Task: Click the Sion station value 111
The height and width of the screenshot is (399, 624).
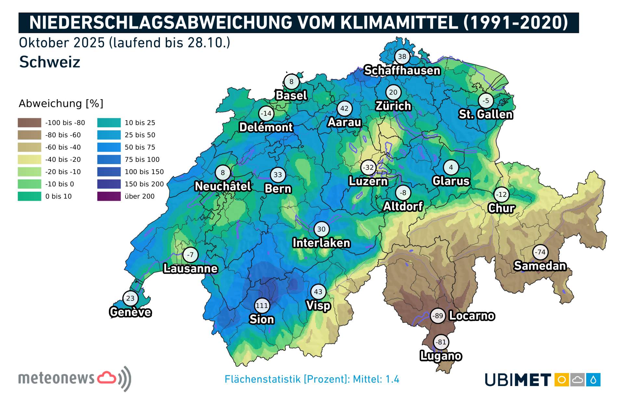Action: tap(262, 305)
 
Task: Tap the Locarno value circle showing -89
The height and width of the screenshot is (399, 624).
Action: tap(438, 315)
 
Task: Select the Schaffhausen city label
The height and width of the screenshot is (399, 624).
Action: tap(402, 70)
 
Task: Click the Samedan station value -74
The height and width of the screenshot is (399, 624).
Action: tap(540, 252)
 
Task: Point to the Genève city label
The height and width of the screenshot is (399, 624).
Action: tap(130, 312)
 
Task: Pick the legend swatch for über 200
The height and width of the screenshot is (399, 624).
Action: tap(109, 196)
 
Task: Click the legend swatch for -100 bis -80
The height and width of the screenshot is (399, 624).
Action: tap(30, 123)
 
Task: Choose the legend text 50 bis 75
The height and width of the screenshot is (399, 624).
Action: tap(140, 147)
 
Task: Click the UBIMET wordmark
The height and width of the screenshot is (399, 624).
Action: tap(518, 380)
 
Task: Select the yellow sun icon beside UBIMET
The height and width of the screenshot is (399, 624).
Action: tap(562, 380)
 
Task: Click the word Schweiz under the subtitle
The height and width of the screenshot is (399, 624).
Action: tap(50, 62)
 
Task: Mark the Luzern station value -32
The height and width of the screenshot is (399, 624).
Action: tap(368, 167)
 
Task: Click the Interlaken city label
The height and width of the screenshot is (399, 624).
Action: tap(321, 243)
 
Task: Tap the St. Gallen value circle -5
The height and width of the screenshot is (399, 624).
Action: tap(486, 101)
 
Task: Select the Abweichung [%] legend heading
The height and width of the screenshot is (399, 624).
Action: tap(61, 104)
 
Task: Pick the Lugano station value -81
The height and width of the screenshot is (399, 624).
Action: tap(441, 342)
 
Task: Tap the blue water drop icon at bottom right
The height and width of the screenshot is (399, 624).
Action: tap(593, 380)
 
